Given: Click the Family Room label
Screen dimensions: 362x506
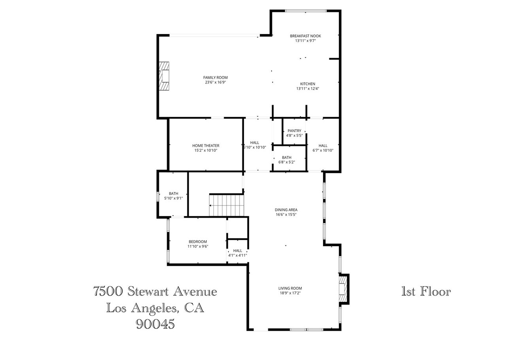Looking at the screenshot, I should pyautogui.click(x=215, y=77).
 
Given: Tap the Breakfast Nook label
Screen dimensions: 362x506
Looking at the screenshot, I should pyautogui.click(x=305, y=36).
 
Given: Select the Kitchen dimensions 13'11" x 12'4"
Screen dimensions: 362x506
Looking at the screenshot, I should pyautogui.click(x=308, y=89).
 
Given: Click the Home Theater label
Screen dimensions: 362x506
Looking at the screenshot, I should pyautogui.click(x=206, y=145).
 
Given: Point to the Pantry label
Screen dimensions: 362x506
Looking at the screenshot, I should pyautogui.click(x=294, y=131).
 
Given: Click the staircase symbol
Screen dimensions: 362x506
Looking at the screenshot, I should pyautogui.click(x=225, y=206).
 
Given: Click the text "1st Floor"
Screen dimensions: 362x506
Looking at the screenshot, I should pyautogui.click(x=426, y=292).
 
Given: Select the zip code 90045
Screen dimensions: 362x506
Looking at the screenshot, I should pyautogui.click(x=155, y=324).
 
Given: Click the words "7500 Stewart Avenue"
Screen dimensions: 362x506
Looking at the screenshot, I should pyautogui.click(x=155, y=292).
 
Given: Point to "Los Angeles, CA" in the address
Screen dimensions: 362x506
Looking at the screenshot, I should pyautogui.click(x=155, y=308).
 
